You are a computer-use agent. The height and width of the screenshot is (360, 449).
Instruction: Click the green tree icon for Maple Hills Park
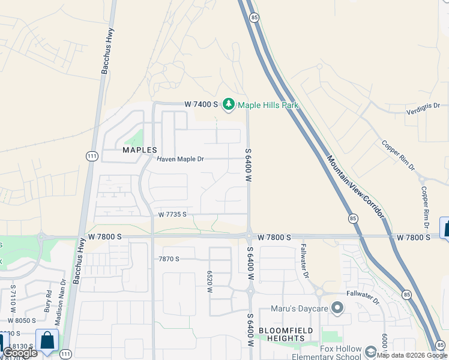[229, 105]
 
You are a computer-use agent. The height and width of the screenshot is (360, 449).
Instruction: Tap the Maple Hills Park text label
[268, 105]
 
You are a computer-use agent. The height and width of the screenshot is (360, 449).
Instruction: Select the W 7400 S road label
[201, 104]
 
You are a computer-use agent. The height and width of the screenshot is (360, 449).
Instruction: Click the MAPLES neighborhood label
[140, 150]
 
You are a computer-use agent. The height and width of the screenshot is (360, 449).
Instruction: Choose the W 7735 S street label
[173, 214]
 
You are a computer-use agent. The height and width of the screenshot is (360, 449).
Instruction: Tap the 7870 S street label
[170, 259]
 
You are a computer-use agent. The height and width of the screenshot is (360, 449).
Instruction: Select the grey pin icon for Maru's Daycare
[337, 309]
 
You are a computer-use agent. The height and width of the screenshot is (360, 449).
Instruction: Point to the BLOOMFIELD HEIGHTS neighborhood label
[282, 335]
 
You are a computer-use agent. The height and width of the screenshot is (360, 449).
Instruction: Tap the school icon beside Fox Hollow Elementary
[371, 351]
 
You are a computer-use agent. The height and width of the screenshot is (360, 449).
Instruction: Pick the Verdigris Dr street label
[427, 109]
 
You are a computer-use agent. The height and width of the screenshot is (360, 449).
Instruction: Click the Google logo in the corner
[20, 353]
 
